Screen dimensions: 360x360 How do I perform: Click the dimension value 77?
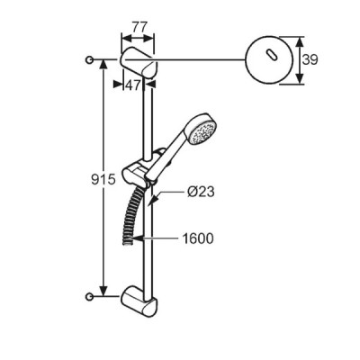click(x=139, y=28)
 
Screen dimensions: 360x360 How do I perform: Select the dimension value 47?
click(x=132, y=85)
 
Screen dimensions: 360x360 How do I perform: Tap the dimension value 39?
click(x=310, y=59)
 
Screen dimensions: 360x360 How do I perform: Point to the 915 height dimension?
click(x=103, y=180)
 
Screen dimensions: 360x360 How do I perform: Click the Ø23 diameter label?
click(x=201, y=192)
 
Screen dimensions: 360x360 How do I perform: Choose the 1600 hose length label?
click(x=198, y=238)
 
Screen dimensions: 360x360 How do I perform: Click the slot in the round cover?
click(x=270, y=56)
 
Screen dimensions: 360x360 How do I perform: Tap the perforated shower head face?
click(x=203, y=131)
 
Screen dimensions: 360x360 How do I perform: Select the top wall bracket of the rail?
click(x=139, y=63)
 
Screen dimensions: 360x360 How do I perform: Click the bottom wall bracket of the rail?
click(x=139, y=301)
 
